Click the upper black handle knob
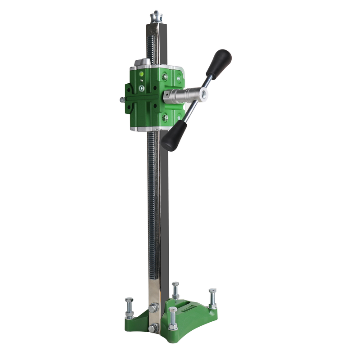click(x=219, y=63)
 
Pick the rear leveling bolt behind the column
click(x=175, y=290)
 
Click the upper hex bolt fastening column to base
click(x=154, y=308)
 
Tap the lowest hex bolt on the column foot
click(x=153, y=328)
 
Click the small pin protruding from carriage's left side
click(x=122, y=99)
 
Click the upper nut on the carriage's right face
click(x=165, y=77)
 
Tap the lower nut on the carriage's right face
click(x=166, y=117)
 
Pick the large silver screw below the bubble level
click(x=141, y=89)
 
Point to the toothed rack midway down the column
click(x=152, y=202)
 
